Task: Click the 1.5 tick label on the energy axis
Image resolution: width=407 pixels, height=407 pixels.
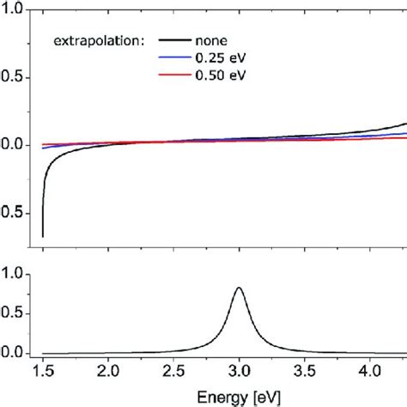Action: click(43, 372)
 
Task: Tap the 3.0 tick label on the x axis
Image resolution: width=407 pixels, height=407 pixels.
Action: click(239, 372)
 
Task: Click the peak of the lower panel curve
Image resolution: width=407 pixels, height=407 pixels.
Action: click(239, 288)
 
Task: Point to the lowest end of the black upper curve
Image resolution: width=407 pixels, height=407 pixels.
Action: click(43, 235)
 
